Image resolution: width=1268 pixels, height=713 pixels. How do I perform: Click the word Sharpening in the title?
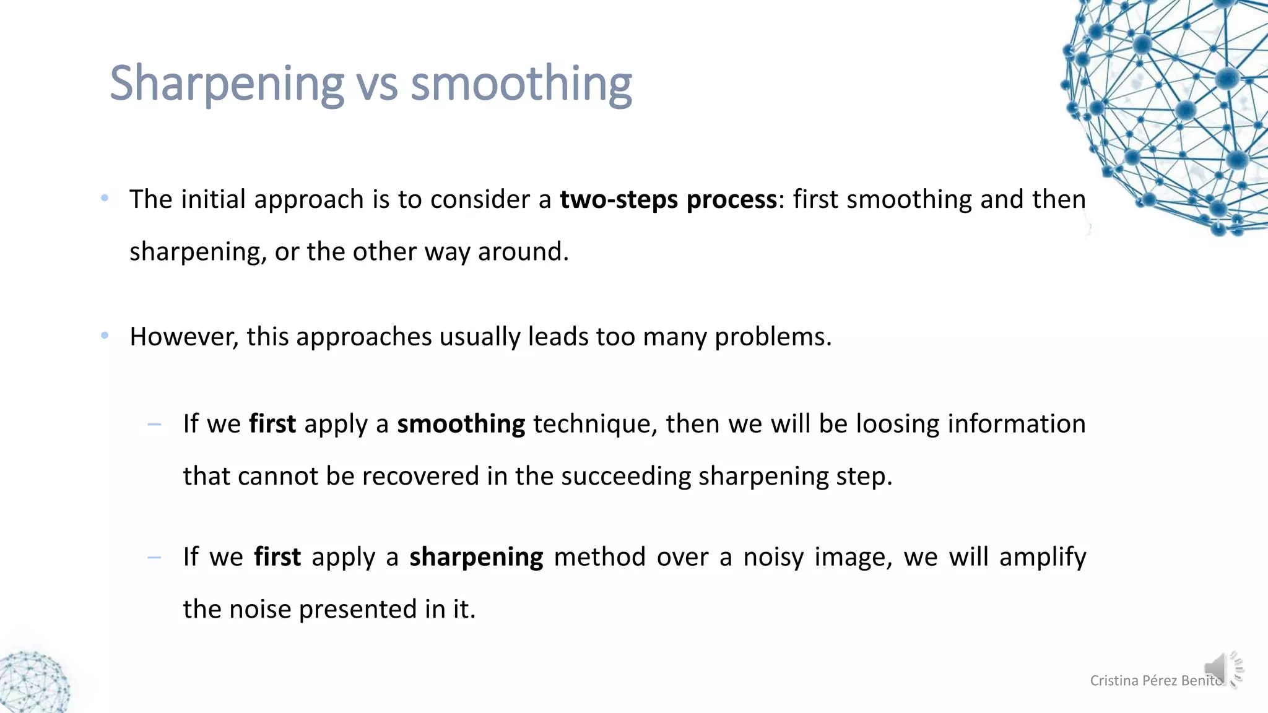(226, 84)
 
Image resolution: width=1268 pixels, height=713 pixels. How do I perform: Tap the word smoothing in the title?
(521, 84)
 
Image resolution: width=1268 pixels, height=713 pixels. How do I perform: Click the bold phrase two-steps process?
(668, 200)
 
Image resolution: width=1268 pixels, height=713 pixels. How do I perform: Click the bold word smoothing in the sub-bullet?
(461, 425)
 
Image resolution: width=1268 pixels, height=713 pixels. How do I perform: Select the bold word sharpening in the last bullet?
(476, 557)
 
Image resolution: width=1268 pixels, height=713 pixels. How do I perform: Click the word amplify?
(1043, 557)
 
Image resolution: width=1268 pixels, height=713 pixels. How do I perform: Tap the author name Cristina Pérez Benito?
(1155, 681)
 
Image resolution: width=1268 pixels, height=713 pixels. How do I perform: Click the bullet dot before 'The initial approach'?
(105, 199)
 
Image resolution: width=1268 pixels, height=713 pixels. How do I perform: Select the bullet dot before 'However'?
(105, 336)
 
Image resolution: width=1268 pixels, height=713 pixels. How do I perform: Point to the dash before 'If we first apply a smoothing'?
(154, 425)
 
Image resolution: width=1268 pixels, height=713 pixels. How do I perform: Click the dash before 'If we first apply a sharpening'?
(154, 558)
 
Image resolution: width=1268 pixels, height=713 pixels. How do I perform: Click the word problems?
(773, 337)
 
